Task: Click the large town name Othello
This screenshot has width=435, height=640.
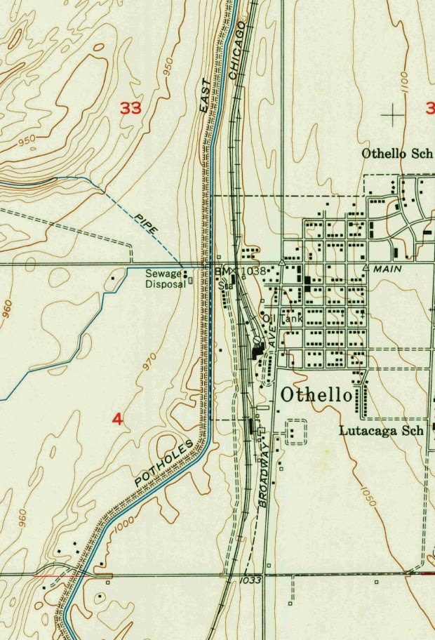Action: pos(316,395)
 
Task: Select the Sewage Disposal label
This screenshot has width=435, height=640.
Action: pos(164,279)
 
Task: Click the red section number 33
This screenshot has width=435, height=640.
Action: pos(130,107)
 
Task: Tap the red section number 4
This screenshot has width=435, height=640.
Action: pos(117,420)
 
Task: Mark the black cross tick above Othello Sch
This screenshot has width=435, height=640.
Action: pos(394,112)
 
